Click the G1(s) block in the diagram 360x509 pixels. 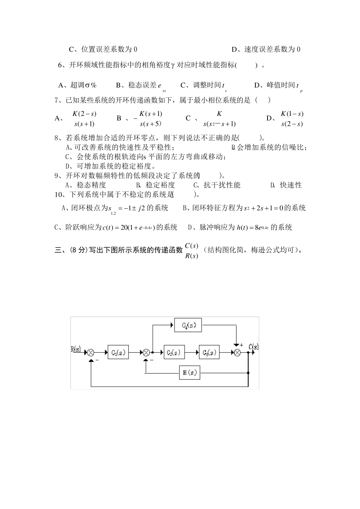coord(118,352)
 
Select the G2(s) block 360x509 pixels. coord(174,352)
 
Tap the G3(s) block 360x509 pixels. coord(209,352)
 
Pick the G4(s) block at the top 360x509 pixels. coord(188,325)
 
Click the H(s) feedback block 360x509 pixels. coord(189,373)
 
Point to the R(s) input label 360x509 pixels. coord(76,349)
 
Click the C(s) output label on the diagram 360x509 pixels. coord(254,347)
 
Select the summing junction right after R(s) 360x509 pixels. coord(91,353)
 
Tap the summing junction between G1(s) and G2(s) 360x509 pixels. coord(146,353)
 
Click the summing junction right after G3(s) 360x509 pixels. coord(237,353)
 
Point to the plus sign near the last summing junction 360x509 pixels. coord(241,345)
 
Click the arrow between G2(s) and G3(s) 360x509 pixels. coord(192,352)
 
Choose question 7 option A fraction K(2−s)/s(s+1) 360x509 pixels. coord(84,119)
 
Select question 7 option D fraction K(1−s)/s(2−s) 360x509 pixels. coord(292,119)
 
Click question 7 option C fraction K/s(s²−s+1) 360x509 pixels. coord(219,119)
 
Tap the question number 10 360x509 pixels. coord(60,195)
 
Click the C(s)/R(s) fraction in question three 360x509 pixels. coord(191,251)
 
